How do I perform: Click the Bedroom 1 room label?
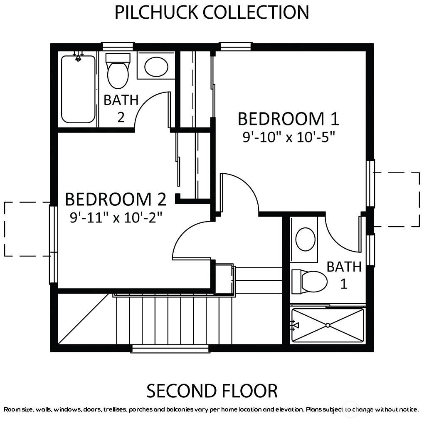coord(288,119)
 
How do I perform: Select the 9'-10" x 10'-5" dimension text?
coord(288,137)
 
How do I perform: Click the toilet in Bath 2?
coord(118,70)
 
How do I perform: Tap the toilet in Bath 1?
coord(309,282)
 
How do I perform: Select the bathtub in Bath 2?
coord(78,89)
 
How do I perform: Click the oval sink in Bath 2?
coord(156,67)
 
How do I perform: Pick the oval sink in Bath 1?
coord(305,239)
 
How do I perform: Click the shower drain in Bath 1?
coord(328,325)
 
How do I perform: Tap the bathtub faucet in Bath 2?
coord(78,57)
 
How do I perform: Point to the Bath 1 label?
coord(344,275)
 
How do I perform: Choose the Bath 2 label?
coord(121,109)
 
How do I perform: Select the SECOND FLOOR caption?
coord(212,391)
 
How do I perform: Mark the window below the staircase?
coord(170,349)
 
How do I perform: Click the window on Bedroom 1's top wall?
coord(236,46)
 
